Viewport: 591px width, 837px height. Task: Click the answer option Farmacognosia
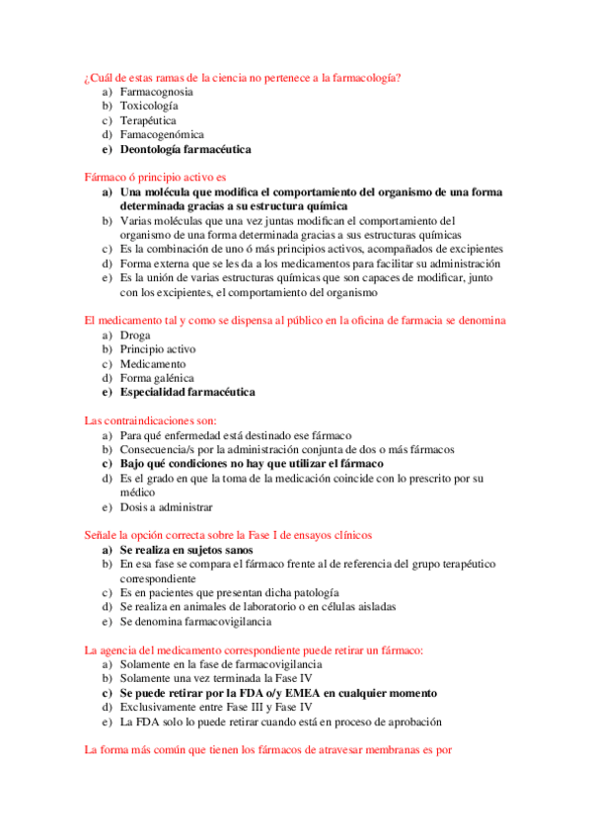point(156,91)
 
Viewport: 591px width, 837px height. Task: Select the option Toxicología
point(149,106)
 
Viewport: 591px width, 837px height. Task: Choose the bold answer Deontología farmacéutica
point(185,150)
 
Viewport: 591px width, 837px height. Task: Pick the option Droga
point(135,335)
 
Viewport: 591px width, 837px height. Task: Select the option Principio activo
point(158,349)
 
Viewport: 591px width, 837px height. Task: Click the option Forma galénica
point(156,378)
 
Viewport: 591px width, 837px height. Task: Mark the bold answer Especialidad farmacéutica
point(186,392)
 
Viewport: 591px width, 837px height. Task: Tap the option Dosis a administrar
point(166,507)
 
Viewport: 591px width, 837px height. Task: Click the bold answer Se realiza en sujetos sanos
point(185,549)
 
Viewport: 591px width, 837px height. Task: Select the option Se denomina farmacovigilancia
point(195,622)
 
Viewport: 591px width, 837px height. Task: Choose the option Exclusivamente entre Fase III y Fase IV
point(216,708)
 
